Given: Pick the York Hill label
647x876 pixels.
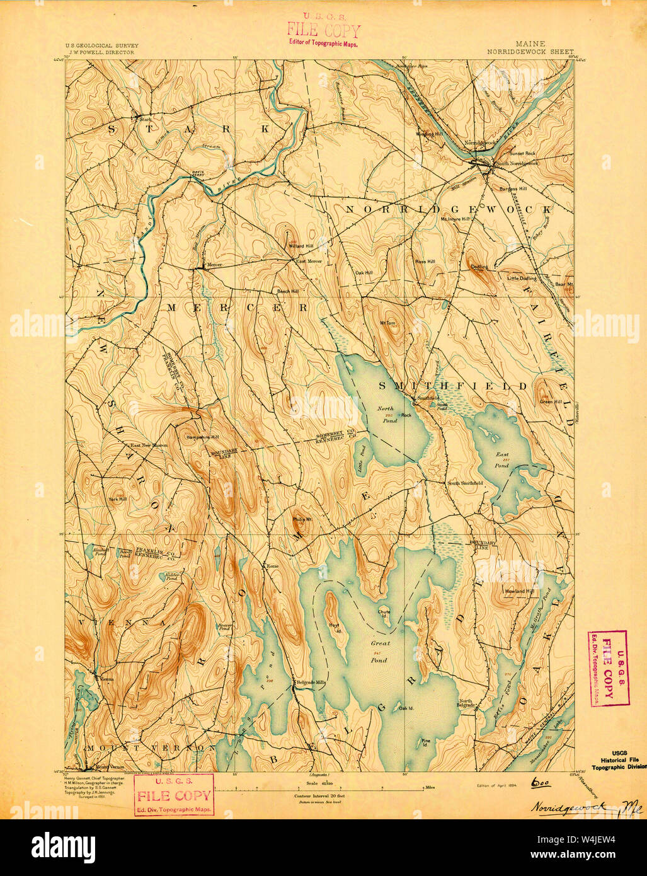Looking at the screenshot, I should click(x=117, y=499).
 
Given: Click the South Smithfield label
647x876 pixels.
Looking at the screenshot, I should click(x=464, y=483).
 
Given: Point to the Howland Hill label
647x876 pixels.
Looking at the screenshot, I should click(x=518, y=591).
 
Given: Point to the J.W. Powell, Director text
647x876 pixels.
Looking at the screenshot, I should click(x=101, y=53).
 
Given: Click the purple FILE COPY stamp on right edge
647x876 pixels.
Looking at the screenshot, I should click(x=607, y=668).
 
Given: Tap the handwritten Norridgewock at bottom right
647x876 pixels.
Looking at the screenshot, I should click(x=567, y=807).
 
